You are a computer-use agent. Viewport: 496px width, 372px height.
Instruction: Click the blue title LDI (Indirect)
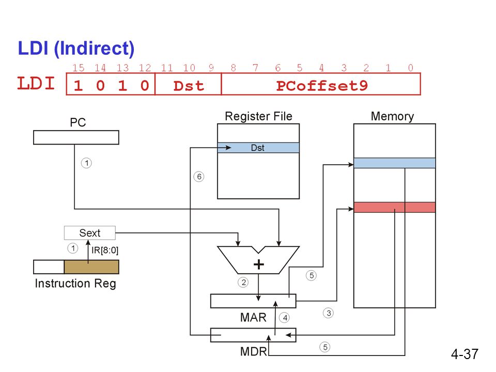tap(76, 49)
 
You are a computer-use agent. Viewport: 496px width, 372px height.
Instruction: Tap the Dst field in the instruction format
tap(189, 86)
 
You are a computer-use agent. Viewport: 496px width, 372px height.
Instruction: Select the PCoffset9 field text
tap(322, 86)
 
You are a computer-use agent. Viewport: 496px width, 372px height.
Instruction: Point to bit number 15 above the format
tap(78, 68)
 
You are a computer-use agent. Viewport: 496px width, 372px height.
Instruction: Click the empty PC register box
tap(76, 137)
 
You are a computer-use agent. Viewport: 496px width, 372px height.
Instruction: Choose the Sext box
tap(90, 233)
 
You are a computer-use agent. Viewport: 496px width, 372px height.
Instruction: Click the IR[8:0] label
tap(105, 250)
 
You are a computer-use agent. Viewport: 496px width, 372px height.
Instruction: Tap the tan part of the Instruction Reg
tap(91, 267)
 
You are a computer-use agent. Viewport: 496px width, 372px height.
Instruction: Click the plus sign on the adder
tap(259, 265)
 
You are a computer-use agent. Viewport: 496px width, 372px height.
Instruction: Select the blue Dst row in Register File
tap(258, 148)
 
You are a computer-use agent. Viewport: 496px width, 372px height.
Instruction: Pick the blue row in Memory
tap(394, 163)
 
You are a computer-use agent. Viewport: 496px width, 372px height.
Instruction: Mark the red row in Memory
tap(394, 207)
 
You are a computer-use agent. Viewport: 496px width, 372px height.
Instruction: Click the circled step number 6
tap(198, 177)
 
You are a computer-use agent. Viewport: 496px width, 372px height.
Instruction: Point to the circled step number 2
tap(243, 282)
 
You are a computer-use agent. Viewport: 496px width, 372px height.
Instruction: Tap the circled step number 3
tap(329, 313)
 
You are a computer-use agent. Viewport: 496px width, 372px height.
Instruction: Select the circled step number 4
tap(285, 318)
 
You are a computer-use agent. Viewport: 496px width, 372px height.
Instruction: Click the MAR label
tap(253, 317)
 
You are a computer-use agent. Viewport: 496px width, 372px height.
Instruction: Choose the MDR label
tap(253, 351)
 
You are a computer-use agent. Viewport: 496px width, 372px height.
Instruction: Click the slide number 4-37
tap(464, 354)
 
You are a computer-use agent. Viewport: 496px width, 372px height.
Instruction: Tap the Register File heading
tap(258, 116)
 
